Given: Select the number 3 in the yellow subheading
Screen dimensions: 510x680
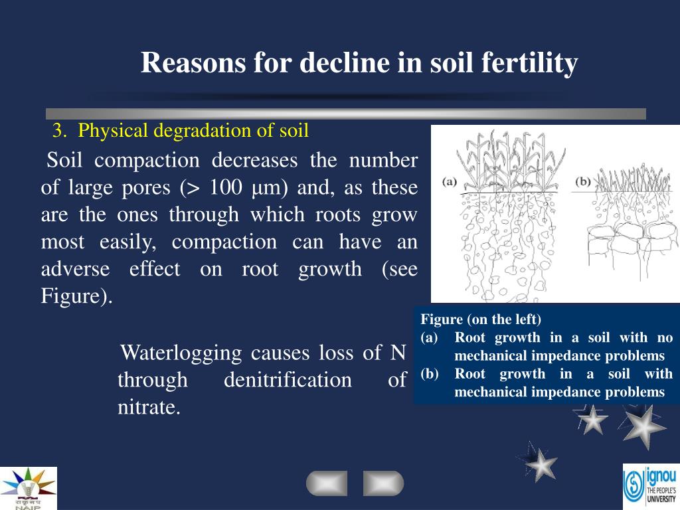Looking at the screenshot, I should click(58, 131).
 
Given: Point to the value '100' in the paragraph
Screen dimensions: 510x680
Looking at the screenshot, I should click(226, 188).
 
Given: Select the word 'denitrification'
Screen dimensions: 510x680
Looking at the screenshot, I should click(288, 380).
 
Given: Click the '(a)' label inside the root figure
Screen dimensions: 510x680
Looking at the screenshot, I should click(450, 181).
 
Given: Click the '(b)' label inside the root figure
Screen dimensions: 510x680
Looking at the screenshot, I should click(582, 181).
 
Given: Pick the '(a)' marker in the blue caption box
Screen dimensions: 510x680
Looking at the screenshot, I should click(430, 337).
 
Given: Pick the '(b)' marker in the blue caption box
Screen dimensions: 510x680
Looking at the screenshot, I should click(430, 374).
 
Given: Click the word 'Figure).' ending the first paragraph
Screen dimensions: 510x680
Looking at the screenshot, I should click(77, 296).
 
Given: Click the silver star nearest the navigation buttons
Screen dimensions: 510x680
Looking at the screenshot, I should click(542, 464).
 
